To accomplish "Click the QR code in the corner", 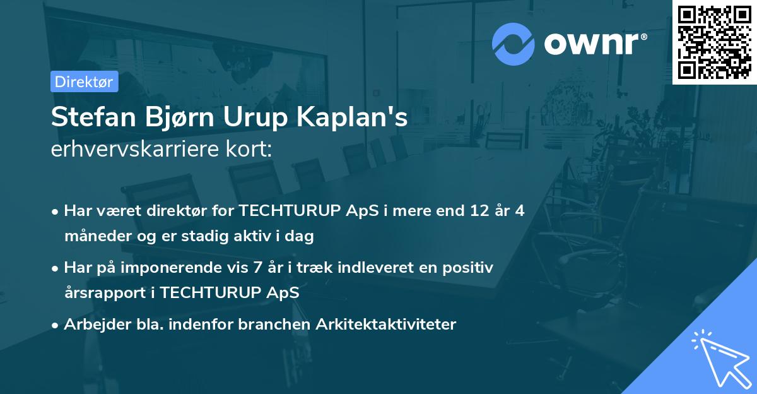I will (x=714, y=42).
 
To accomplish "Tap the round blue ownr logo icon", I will (x=513, y=44).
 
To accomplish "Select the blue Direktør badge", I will (x=84, y=81).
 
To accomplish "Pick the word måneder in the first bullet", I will (x=95, y=237).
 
